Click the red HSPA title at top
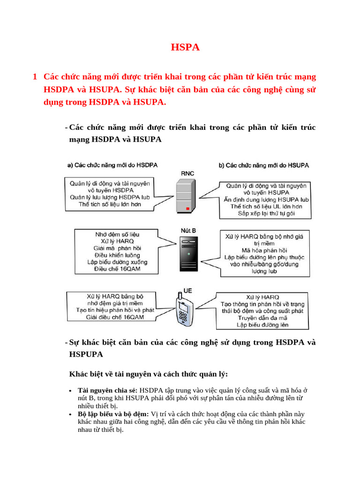185,47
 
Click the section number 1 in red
35,76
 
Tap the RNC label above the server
187,173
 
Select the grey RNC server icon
185,197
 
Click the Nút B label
188,231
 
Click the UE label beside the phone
188,291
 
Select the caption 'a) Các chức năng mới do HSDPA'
112,165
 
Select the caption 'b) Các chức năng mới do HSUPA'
263,165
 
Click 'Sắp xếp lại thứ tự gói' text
266,214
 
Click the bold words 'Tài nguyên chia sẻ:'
108,390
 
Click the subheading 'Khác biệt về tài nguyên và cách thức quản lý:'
149,374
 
